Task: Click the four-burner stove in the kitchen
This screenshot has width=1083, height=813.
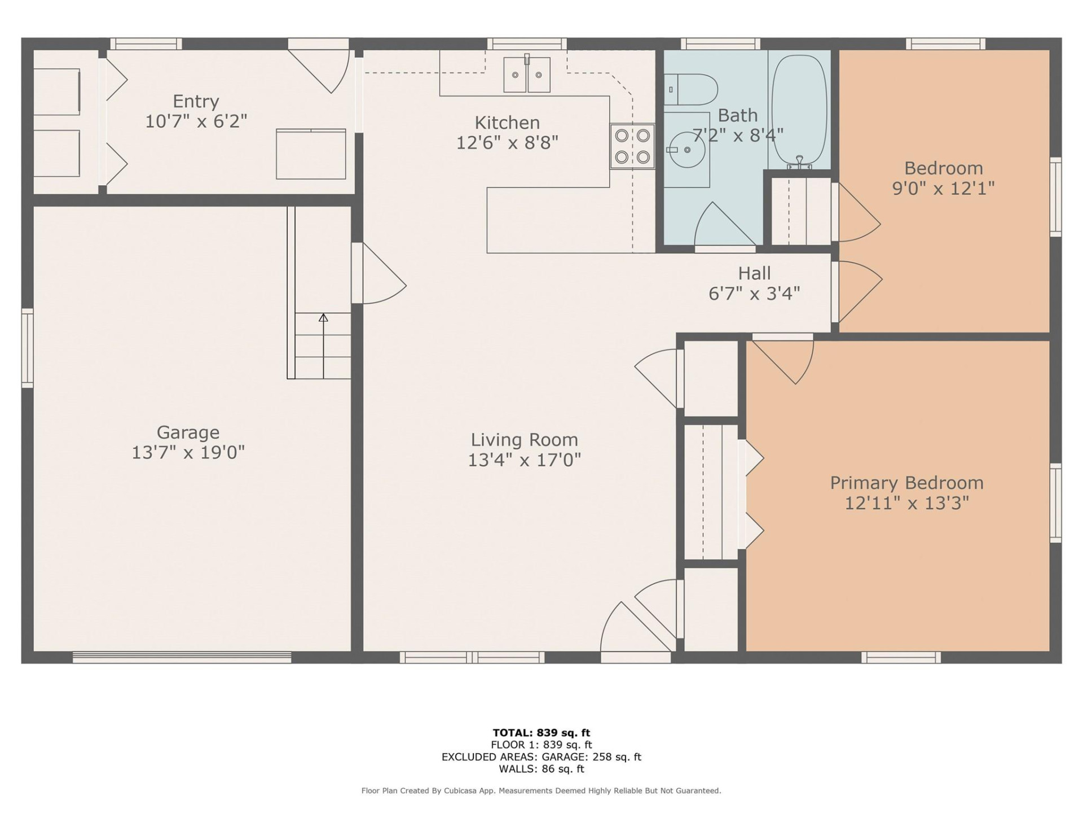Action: [632, 146]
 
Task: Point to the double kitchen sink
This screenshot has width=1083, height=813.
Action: [527, 75]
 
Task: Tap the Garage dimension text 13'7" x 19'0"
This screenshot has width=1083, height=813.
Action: [188, 453]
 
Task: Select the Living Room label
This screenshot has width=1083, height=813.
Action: [524, 439]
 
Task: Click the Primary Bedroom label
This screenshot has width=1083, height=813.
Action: [906, 483]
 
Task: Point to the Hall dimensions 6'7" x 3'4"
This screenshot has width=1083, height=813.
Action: [754, 294]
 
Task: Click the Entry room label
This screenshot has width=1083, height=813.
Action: [196, 101]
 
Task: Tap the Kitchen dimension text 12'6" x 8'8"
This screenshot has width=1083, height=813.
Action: [507, 143]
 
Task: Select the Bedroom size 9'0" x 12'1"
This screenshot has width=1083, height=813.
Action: [943, 188]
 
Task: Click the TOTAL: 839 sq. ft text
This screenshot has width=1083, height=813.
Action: [541, 733]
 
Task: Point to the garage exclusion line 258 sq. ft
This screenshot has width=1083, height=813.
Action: [541, 757]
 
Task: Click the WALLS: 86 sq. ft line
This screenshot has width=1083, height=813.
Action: [541, 769]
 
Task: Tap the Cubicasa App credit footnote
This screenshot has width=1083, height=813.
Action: [541, 791]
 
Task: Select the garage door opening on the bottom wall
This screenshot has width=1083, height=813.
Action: [182, 657]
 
